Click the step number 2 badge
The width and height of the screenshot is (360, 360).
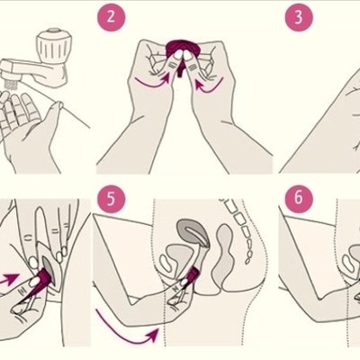[x=111, y=16]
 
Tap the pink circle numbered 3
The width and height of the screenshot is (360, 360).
[x=299, y=17]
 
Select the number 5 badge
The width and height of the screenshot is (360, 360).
[x=111, y=199]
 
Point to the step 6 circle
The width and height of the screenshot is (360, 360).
[x=299, y=199]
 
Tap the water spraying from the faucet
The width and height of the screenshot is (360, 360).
[x=11, y=85]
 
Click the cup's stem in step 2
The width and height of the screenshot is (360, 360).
[x=180, y=69]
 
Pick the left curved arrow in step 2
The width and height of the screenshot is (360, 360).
[x=151, y=83]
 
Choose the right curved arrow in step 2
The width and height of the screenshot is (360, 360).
[x=210, y=83]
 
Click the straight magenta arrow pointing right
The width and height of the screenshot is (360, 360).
[x=10, y=278]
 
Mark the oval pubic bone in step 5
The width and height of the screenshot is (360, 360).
[x=166, y=263]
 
